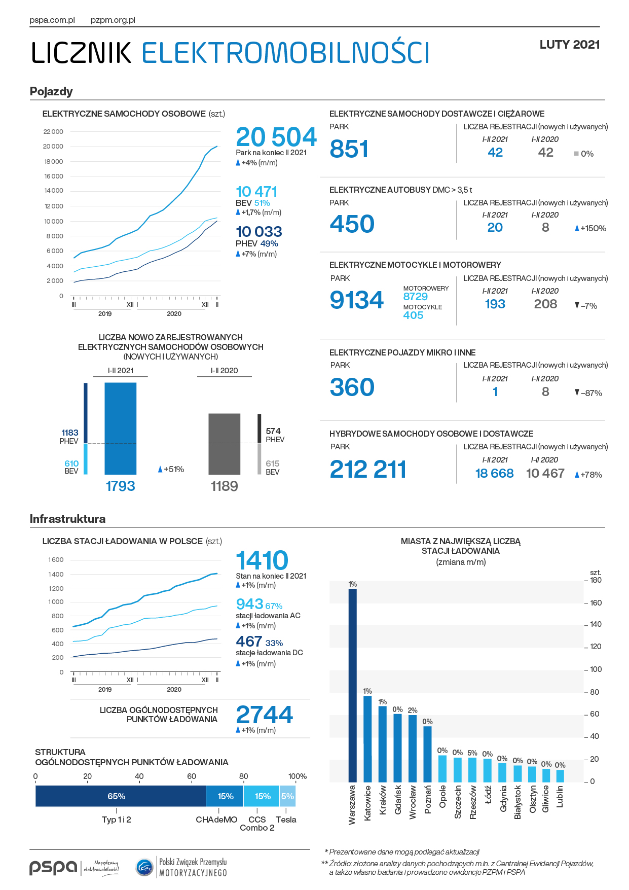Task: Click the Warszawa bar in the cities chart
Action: tap(352, 685)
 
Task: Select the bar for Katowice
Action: tap(367, 739)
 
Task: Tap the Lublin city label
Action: tap(560, 797)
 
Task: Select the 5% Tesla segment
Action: tap(287, 796)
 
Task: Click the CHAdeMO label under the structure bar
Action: tap(216, 820)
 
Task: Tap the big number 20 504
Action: tap(276, 137)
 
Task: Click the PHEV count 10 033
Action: tap(259, 232)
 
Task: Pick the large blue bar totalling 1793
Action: tap(121, 429)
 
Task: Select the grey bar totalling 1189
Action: tap(225, 444)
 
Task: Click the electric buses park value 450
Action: tap(352, 224)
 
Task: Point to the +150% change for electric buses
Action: tap(590, 228)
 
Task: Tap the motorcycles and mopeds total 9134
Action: tap(357, 300)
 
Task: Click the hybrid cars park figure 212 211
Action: tap(368, 469)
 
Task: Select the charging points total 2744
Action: tap(265, 715)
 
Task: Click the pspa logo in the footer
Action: tap(53, 867)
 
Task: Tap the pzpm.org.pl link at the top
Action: tap(113, 20)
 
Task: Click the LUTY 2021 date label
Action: tap(570, 45)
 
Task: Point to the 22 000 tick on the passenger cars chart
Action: tap(53, 132)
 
